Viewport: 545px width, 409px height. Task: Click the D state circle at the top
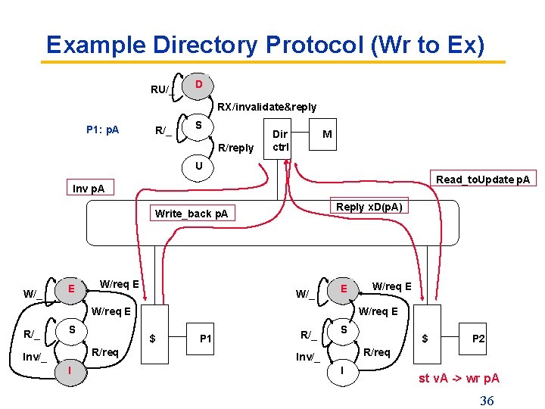click(198, 84)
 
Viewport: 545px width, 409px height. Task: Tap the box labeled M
click(327, 134)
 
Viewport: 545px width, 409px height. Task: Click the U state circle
click(198, 166)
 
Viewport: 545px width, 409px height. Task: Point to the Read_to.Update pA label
click(482, 180)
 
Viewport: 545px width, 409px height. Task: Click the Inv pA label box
click(89, 188)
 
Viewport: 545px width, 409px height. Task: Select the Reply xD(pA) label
click(369, 207)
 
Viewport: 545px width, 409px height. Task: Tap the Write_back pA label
click(191, 214)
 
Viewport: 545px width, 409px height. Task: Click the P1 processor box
click(204, 339)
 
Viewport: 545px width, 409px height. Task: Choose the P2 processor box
click(478, 339)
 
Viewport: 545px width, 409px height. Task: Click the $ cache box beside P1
click(154, 339)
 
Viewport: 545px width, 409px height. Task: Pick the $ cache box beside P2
click(425, 339)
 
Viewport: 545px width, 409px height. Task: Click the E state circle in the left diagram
click(70, 289)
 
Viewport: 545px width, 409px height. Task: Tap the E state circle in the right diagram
click(344, 289)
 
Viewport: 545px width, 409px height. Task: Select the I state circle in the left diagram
click(70, 370)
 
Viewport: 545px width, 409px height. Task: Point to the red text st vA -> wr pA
click(459, 378)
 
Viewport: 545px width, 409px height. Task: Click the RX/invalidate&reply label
click(267, 107)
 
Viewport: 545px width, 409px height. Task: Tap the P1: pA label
click(102, 130)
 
